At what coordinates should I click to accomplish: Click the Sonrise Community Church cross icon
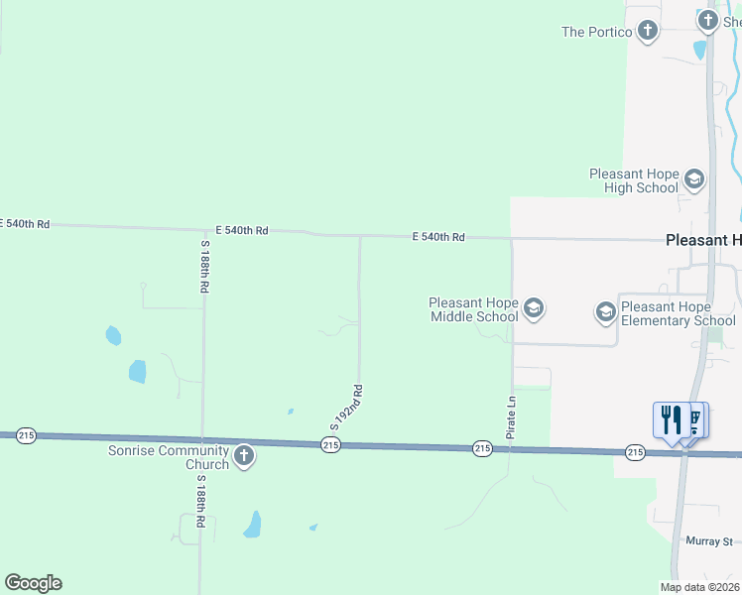[244, 456]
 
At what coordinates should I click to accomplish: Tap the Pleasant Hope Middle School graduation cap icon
[534, 308]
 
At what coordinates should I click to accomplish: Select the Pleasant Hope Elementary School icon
[605, 313]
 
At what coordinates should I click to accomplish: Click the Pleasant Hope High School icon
[693, 179]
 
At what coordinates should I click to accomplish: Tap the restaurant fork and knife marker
[672, 419]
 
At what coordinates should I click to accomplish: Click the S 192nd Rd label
[346, 408]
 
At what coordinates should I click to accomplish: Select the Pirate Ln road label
[512, 418]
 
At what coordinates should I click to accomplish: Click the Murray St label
[708, 541]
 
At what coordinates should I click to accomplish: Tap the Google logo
[33, 583]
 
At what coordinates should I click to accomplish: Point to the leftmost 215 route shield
[26, 435]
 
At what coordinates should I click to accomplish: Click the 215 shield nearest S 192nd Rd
[331, 446]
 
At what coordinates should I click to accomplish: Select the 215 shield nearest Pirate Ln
[482, 449]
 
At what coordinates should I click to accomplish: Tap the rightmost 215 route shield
[635, 452]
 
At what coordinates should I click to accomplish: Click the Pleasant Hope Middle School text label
[473, 309]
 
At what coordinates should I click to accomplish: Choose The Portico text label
[596, 32]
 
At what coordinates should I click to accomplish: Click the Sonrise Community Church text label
[169, 457]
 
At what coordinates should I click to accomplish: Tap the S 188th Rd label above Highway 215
[204, 266]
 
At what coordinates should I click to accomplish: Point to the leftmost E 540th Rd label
[24, 224]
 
